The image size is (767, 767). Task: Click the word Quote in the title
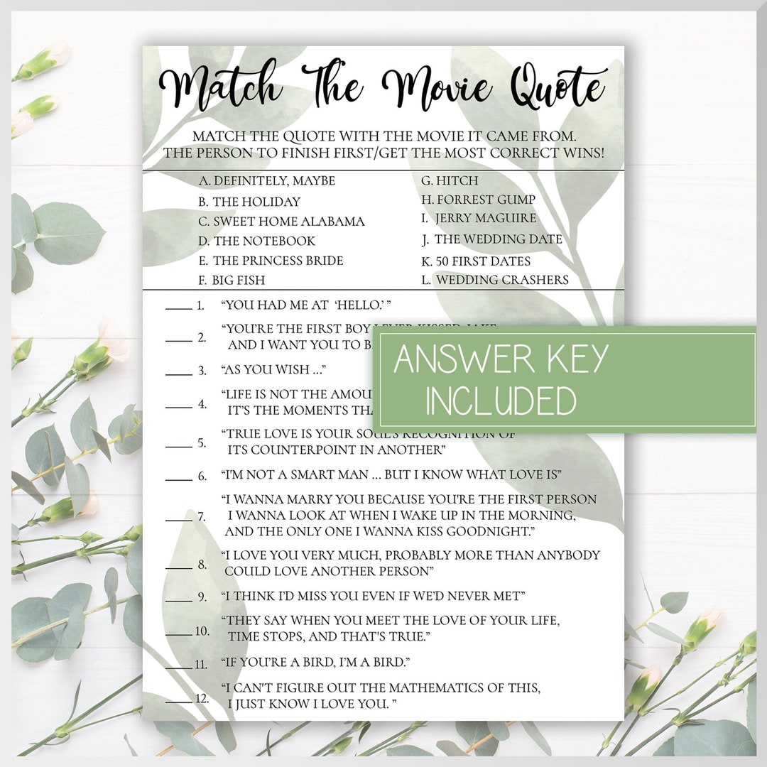coord(557,89)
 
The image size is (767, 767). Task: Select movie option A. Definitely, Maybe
coord(266,181)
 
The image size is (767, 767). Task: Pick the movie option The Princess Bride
coord(271,261)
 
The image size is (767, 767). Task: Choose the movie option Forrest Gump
coord(478,200)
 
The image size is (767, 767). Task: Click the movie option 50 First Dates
coord(476,261)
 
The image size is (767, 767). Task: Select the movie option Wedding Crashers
coord(495,280)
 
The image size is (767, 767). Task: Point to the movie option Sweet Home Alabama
coord(281,222)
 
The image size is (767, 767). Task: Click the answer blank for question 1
coord(178,308)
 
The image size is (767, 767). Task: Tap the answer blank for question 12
coord(178,701)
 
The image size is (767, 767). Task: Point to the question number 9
coord(202,597)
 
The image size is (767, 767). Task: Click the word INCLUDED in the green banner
coord(501,401)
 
